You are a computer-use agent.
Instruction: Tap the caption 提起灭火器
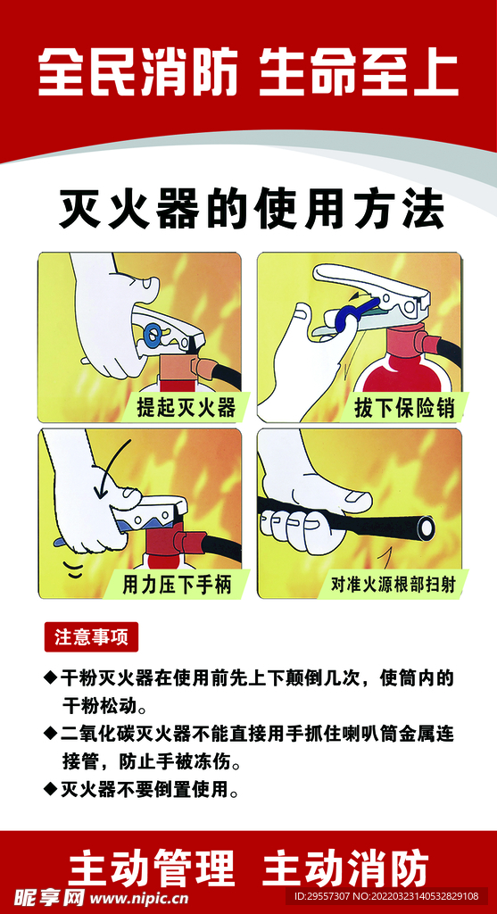[x=186, y=407]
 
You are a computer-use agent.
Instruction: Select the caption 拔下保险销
[x=404, y=407]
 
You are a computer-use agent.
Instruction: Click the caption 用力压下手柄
[x=178, y=585]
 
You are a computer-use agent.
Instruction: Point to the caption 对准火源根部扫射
[x=393, y=585]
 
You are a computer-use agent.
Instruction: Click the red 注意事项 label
[x=91, y=637]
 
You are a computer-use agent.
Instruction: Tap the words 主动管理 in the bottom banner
[x=152, y=868]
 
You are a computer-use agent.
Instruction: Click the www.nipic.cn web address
[x=138, y=898]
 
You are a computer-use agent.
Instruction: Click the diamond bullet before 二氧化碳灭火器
[x=50, y=734]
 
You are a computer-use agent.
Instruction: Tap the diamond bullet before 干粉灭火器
[x=50, y=678]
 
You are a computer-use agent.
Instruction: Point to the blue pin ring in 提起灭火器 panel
[x=153, y=336]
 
